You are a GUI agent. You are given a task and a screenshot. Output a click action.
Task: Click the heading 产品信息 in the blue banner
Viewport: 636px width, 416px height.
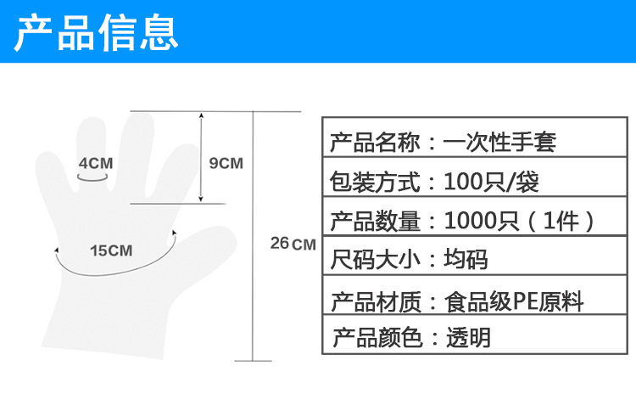point(98,31)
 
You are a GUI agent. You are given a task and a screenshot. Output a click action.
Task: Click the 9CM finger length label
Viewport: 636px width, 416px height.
point(226,163)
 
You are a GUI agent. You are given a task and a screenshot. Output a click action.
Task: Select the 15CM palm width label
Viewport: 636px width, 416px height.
point(111,250)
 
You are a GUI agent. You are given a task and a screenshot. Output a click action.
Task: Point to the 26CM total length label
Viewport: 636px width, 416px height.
point(293,244)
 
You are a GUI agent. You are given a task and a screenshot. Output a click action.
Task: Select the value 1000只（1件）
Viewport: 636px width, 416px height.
point(521,221)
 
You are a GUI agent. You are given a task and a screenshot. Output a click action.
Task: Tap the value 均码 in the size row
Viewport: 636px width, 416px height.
point(466,259)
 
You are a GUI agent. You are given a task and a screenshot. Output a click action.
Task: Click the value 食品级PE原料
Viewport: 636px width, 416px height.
point(514,301)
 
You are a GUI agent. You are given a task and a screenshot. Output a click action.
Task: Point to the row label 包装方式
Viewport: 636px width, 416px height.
point(373,181)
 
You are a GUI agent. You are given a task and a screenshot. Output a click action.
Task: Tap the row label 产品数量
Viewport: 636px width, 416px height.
point(373,221)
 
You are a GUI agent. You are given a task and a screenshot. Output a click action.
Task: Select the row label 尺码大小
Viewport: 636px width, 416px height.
point(373,259)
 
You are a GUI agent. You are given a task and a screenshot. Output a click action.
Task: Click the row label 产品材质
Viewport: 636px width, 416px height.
point(373,301)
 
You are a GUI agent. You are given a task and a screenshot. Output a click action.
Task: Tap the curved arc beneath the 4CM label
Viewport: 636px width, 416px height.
point(92,177)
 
